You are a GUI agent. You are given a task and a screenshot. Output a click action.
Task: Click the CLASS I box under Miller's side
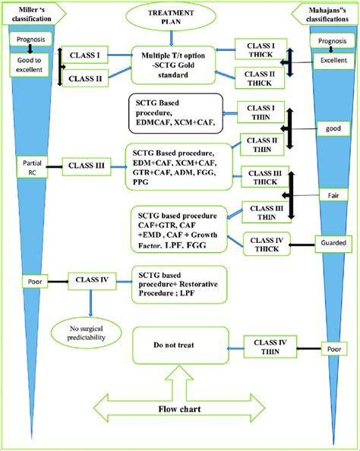click(x=86, y=55)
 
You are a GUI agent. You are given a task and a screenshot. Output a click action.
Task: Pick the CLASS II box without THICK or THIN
click(x=86, y=78)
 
